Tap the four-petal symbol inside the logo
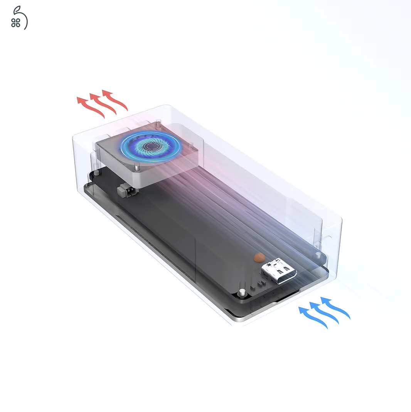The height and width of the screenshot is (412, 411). pos(16,23)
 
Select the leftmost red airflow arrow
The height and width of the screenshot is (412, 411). pos(91,107)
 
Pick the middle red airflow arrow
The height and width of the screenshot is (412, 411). pos(103,103)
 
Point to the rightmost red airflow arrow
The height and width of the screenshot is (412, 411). pos(115,99)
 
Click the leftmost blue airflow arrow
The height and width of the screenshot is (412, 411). pos(313,318)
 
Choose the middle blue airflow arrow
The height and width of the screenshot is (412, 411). pos(324,313)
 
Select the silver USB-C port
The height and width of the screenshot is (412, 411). pos(279,272)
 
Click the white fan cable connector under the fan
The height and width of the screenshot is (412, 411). pos(126,190)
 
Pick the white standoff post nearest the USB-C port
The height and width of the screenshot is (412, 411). pos(242,292)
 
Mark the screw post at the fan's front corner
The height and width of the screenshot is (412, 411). pos(137,168)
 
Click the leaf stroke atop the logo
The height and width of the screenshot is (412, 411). pos(18,9)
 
